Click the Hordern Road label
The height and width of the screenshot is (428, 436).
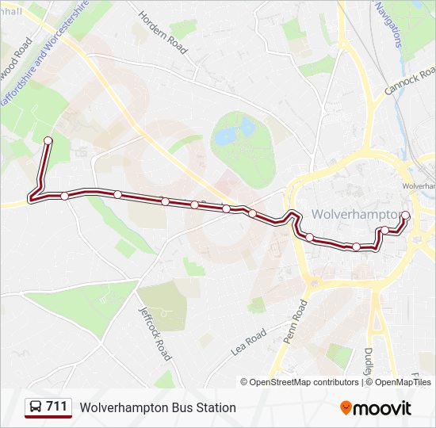(x=163, y=32)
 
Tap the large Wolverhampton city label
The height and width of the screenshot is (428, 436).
(x=356, y=214)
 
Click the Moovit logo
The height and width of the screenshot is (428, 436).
(x=376, y=408)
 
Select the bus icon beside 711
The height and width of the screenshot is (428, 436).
(x=36, y=407)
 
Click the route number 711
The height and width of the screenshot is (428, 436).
(x=57, y=407)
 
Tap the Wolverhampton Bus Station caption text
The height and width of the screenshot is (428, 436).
(x=158, y=407)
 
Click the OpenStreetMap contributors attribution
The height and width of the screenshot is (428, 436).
(x=304, y=382)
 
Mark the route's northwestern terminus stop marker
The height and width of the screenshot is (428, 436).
(x=48, y=141)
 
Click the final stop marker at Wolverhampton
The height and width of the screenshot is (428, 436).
(x=406, y=216)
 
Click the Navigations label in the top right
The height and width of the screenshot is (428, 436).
(x=388, y=24)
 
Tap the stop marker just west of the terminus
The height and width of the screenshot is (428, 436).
(x=385, y=231)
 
